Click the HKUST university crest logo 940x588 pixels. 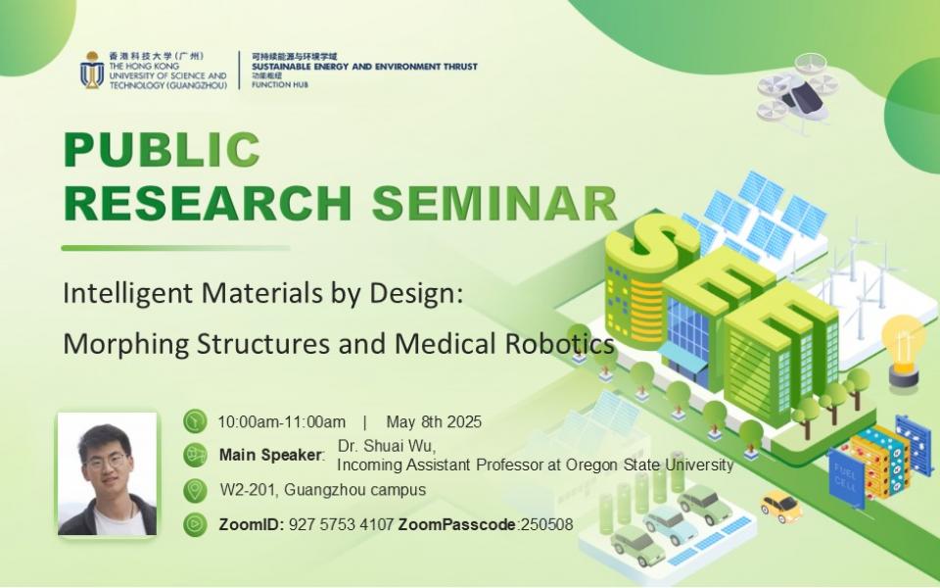92,70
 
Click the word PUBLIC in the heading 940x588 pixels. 162,149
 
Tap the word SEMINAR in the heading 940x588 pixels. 494,204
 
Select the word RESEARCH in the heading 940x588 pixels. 208,204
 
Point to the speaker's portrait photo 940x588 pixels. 108,473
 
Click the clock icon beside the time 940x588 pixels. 195,421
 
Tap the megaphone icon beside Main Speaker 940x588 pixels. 195,455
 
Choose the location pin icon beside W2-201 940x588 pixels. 195,490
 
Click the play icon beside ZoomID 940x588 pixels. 195,524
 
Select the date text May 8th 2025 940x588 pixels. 434,421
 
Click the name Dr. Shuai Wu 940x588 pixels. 387,447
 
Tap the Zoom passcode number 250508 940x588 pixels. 546,524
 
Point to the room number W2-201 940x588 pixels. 248,490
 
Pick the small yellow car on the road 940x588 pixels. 781,507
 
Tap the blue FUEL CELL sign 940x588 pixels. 846,477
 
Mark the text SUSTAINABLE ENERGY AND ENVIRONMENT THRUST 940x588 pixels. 364,67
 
